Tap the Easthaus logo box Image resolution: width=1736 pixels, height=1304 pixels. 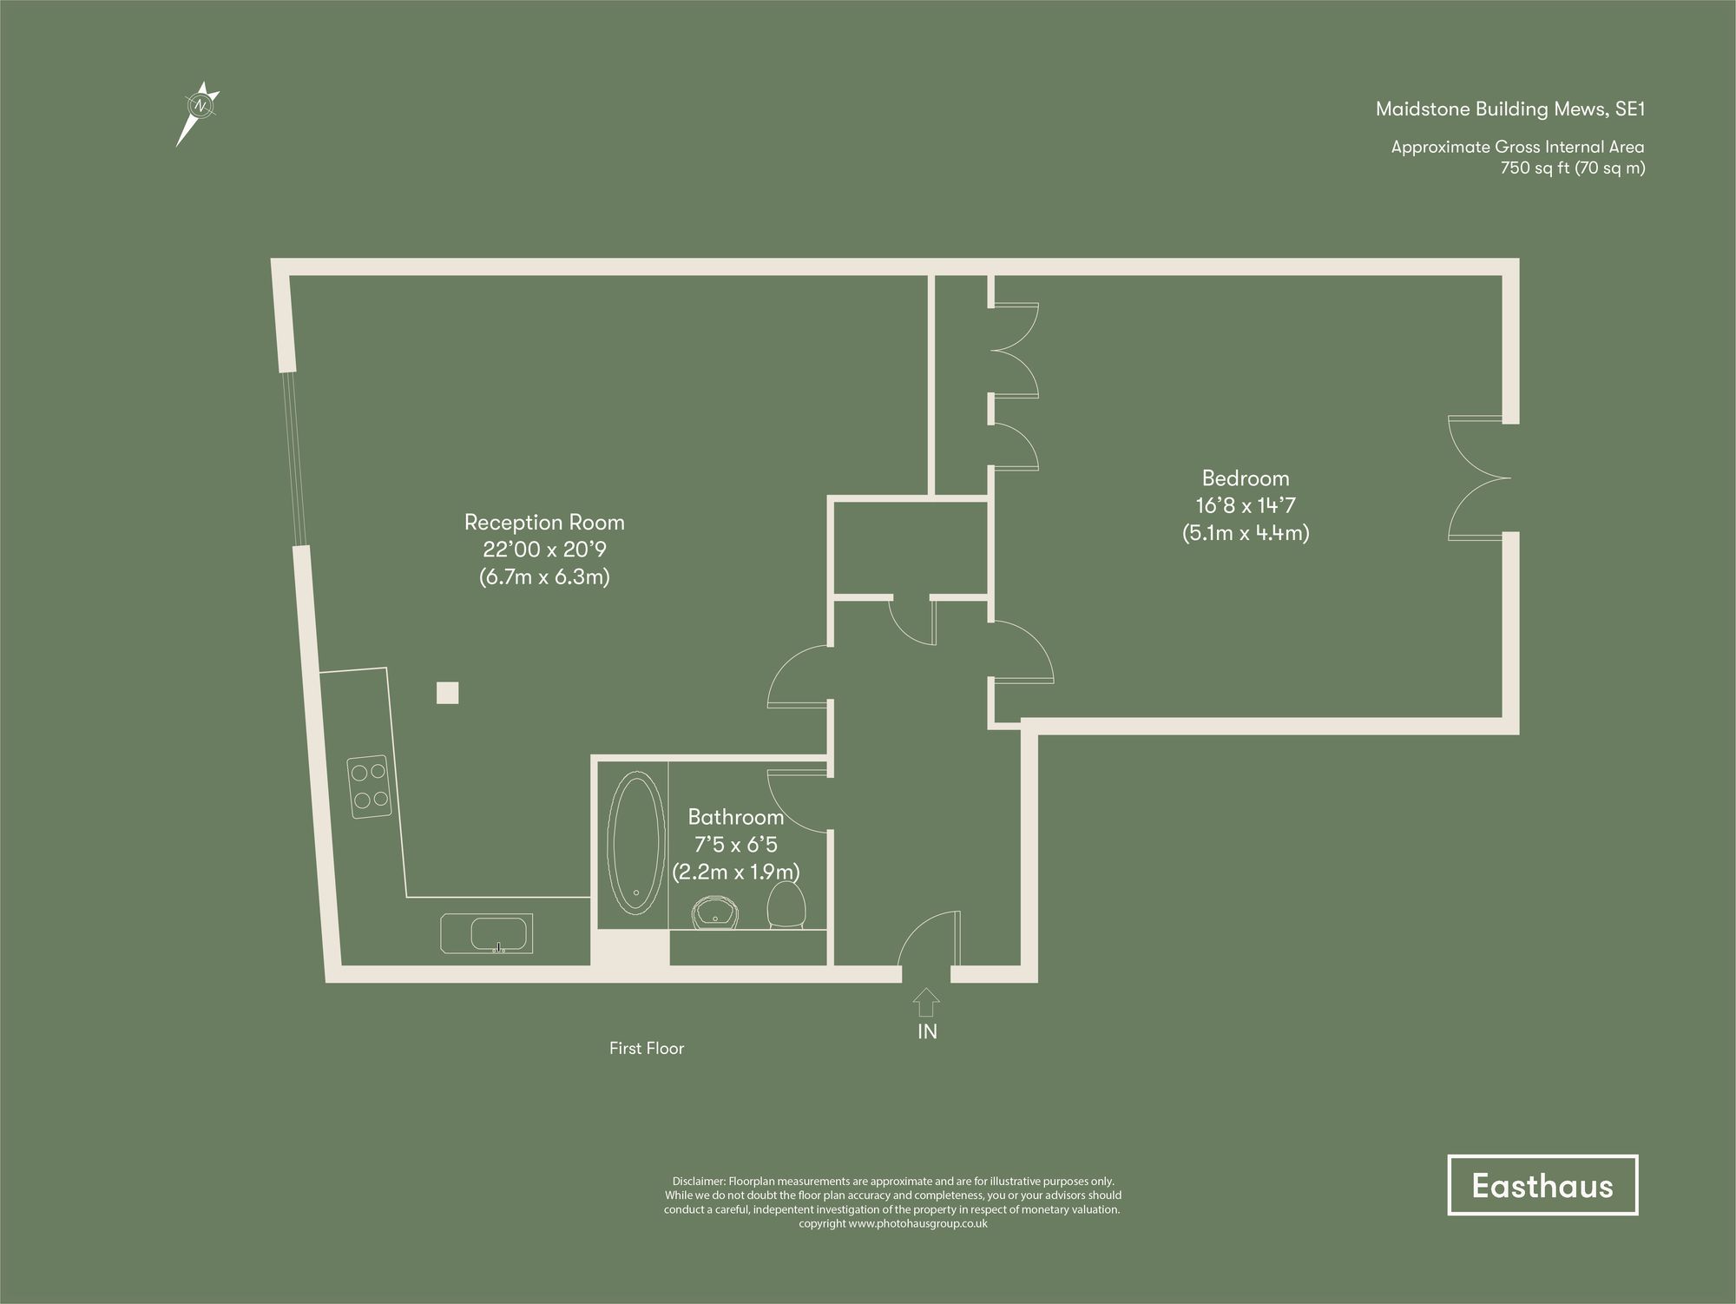(1542, 1186)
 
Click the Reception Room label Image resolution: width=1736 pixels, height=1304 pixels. (544, 523)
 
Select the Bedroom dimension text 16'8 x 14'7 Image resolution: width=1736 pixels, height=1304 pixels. (1246, 505)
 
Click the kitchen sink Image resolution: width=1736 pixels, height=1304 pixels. (497, 934)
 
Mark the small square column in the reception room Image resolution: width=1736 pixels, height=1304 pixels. (447, 693)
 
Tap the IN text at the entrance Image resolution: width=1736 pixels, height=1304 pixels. (927, 1032)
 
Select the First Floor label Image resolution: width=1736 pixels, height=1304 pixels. (647, 1049)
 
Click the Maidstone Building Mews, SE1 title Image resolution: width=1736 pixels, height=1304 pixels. (1509, 109)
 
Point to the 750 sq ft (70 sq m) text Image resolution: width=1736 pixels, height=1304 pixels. (1572, 168)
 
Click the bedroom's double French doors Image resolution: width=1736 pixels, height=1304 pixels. (1476, 477)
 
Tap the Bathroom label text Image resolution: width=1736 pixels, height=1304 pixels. (735, 817)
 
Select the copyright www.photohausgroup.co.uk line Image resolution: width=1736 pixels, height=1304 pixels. (892, 1224)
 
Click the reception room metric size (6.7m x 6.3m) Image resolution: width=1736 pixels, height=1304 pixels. (544, 576)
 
